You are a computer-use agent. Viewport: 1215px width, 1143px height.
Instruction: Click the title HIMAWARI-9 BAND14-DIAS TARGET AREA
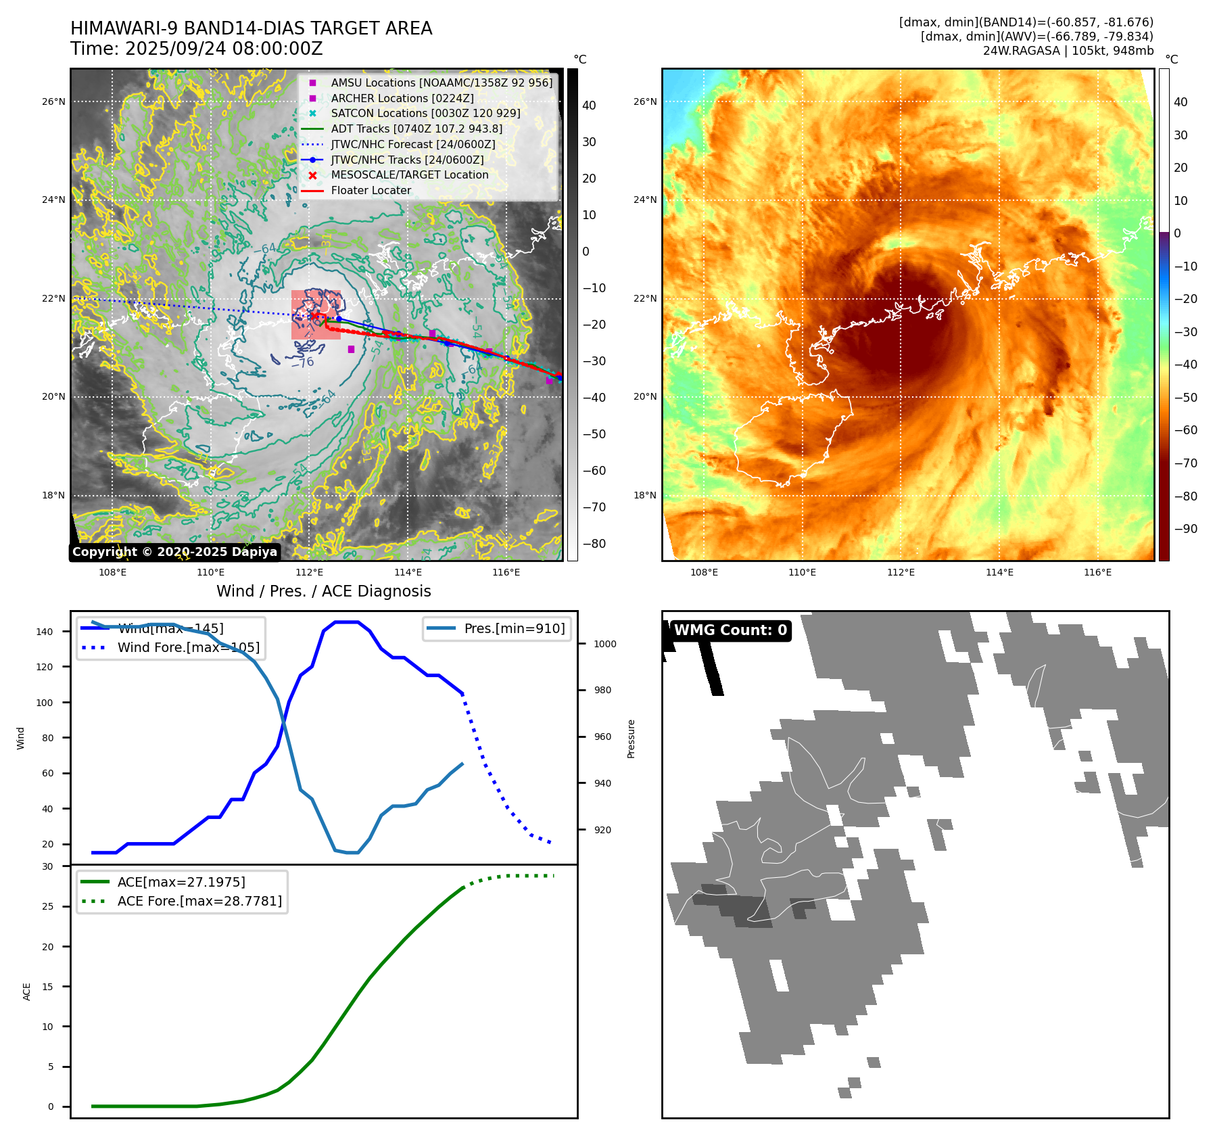pos(251,28)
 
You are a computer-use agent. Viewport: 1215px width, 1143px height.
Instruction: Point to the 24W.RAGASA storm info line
pos(1068,51)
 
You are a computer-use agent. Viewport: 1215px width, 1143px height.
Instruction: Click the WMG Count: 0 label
pos(730,630)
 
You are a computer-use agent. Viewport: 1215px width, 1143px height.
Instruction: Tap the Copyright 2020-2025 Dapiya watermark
pos(174,552)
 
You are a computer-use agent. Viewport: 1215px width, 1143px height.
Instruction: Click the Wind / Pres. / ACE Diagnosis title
pos(323,591)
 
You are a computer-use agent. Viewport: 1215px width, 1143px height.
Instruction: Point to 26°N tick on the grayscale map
pos(54,102)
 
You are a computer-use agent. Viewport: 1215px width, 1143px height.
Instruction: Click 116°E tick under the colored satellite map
pos(1097,572)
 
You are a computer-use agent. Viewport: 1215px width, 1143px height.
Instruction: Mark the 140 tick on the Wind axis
pos(45,632)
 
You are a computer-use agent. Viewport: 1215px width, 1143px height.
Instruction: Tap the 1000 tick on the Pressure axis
pos(604,644)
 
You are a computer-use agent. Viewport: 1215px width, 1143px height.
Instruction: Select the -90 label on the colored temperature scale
pos(1185,529)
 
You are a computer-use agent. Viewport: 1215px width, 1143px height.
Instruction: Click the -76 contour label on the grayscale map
pos(302,363)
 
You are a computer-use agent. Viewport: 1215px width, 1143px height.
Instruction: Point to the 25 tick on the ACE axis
pos(48,906)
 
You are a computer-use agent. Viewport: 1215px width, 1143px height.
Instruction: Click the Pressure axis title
pos(631,739)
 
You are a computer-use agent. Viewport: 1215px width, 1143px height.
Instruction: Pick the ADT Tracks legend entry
pos(416,129)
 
